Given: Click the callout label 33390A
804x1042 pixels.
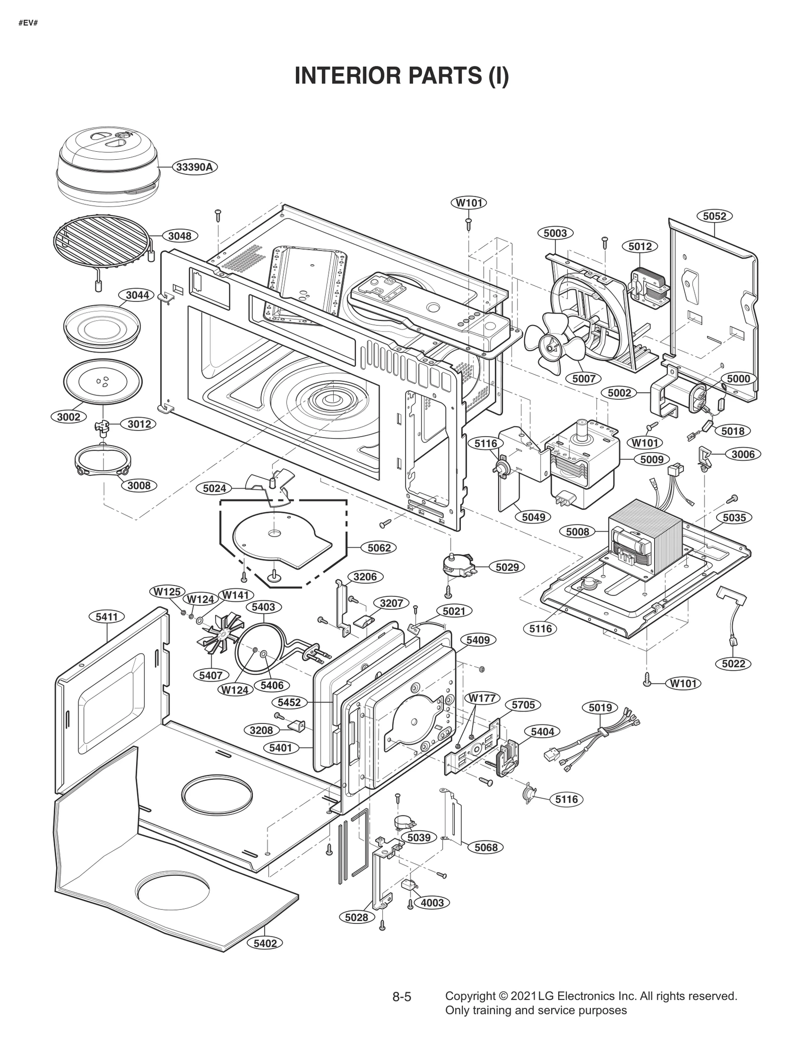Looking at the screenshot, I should (x=195, y=167).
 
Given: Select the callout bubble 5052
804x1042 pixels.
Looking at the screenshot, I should (x=714, y=216).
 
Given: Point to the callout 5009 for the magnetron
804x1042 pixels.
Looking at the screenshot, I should (x=652, y=459).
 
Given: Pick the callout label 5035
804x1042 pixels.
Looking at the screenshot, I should (x=734, y=517).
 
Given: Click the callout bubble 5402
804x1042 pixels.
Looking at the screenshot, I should (x=265, y=944).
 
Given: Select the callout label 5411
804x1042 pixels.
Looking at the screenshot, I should (x=107, y=616).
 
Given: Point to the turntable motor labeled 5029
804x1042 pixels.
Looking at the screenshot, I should (x=458, y=566).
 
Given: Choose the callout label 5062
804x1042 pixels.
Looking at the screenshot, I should (x=379, y=548).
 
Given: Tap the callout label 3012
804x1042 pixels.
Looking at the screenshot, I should (x=139, y=424).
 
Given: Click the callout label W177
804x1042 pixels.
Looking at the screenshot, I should (x=482, y=698).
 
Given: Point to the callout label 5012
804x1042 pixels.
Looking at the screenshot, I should (x=640, y=246).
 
